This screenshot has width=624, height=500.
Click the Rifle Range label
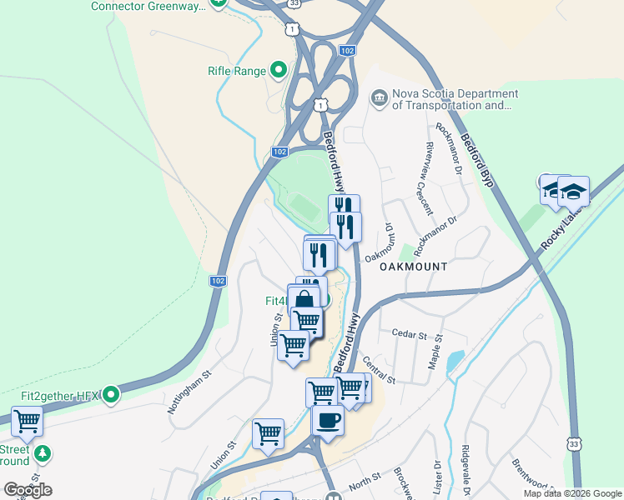pyautogui.click(x=236, y=71)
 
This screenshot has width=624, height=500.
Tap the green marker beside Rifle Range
pyautogui.click(x=279, y=71)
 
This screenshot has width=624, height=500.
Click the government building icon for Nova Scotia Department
pyautogui.click(x=380, y=99)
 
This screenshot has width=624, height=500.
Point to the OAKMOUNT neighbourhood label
pyautogui.click(x=413, y=267)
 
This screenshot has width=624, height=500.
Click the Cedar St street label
pyautogui.click(x=410, y=334)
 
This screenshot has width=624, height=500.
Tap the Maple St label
pyautogui.click(x=435, y=352)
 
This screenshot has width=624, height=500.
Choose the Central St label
pyautogui.click(x=378, y=368)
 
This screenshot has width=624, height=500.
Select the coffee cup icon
pyautogui.click(x=328, y=418)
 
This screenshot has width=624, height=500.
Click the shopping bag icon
pyautogui.click(x=304, y=299)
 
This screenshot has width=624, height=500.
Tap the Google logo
pyautogui.click(x=28, y=489)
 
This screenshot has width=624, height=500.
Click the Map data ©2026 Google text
pyautogui.click(x=571, y=493)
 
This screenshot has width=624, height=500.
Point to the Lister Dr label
pyautogui.click(x=436, y=477)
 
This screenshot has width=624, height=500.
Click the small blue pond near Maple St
pyautogui.click(x=454, y=361)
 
